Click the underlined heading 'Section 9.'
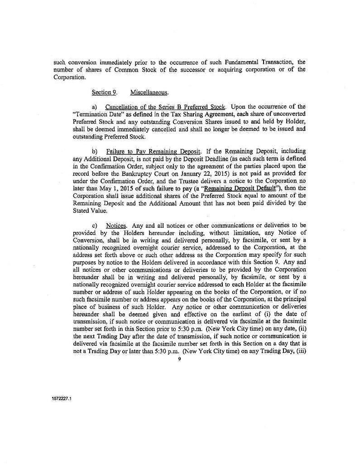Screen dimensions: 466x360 (x=101, y=92)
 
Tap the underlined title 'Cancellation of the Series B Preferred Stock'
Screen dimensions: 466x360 (x=165, y=107)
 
